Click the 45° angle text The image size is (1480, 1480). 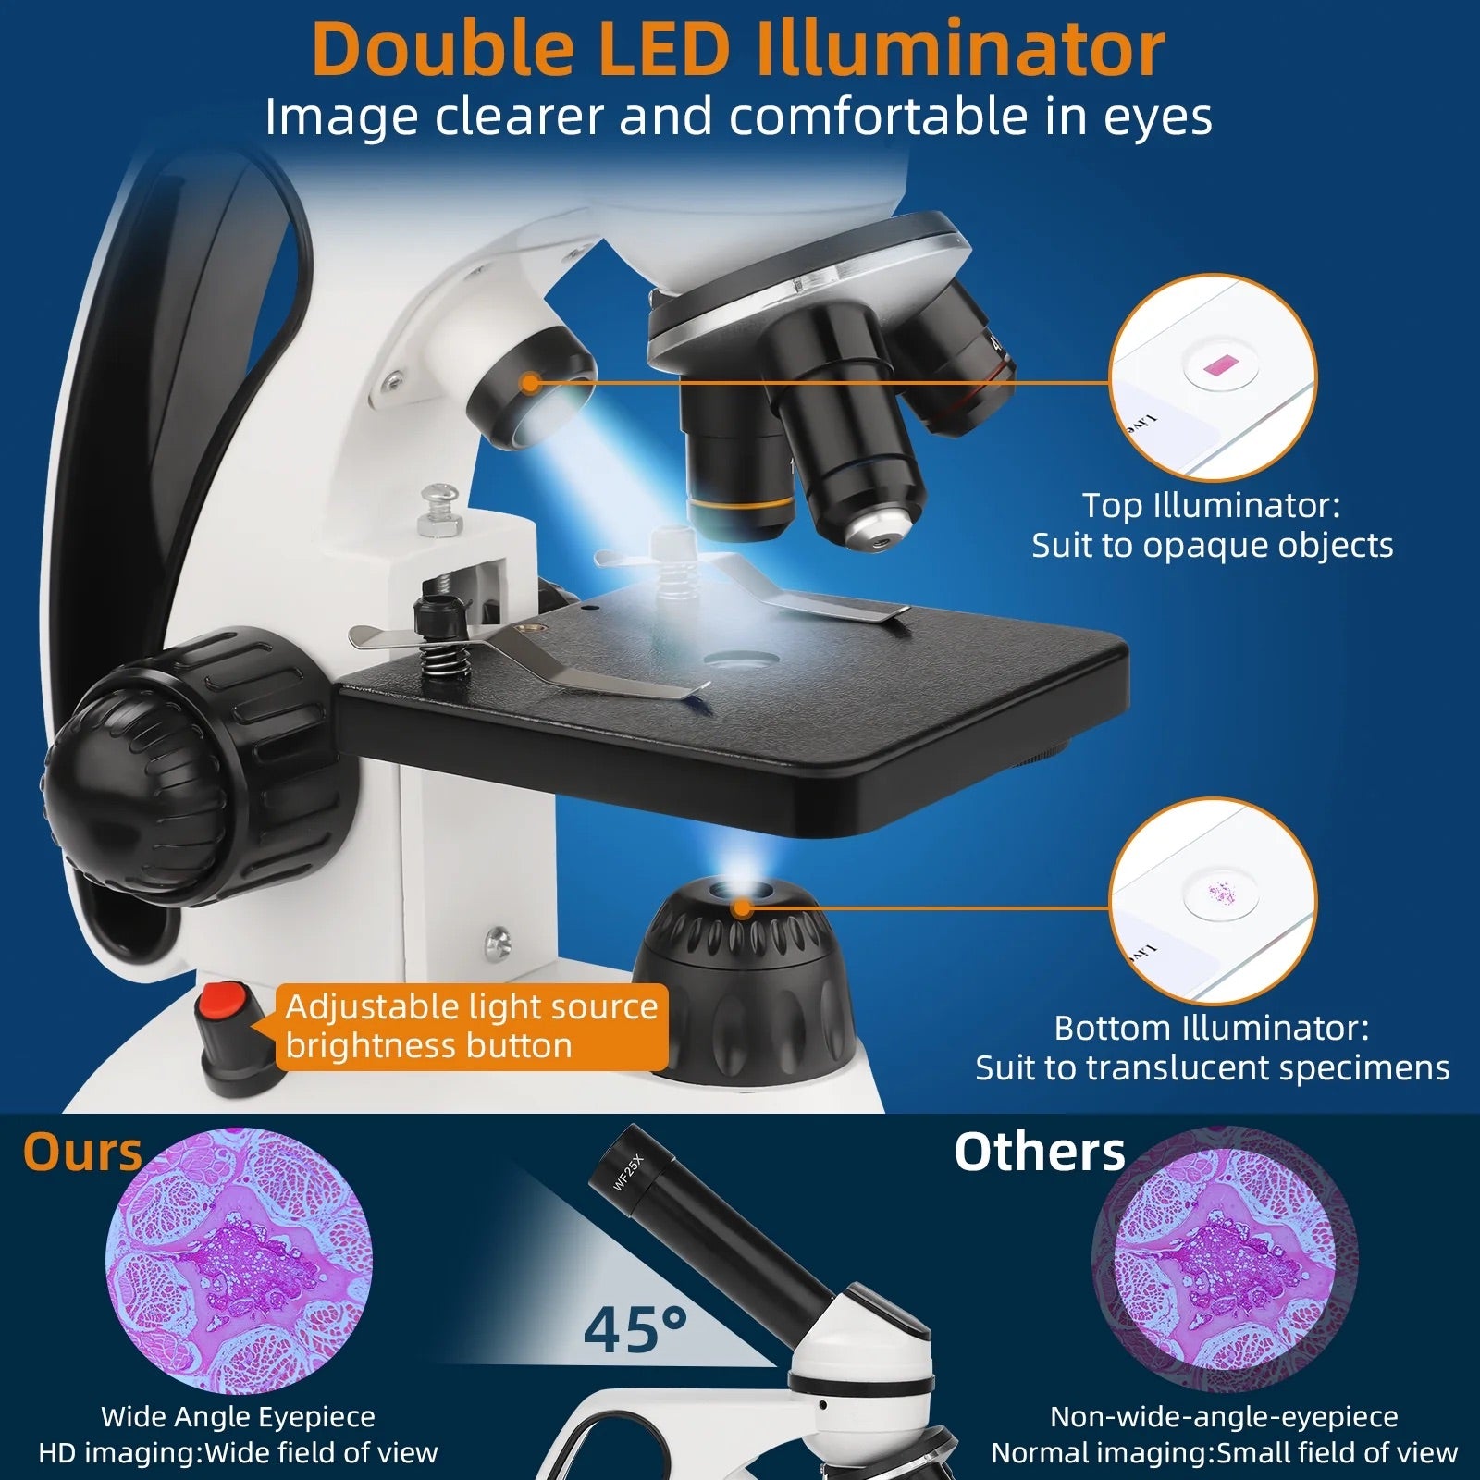point(635,1328)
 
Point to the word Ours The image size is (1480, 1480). point(82,1153)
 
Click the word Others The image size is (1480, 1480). point(1040,1153)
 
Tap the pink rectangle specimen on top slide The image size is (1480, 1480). point(1220,364)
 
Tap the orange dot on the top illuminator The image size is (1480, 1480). point(530,381)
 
